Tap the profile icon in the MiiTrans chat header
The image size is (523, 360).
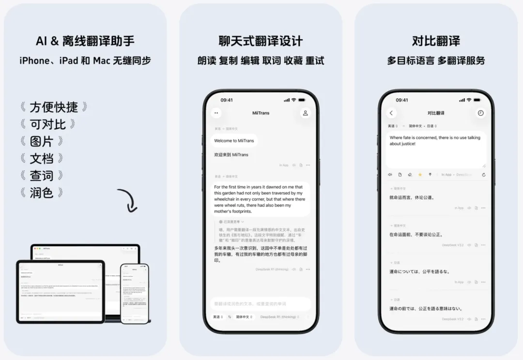[x=305, y=113]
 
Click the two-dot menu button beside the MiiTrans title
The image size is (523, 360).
[x=216, y=113]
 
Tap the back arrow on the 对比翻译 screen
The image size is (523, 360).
[x=391, y=113]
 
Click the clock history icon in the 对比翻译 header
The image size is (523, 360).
[x=480, y=113]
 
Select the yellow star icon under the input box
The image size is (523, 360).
[x=420, y=175]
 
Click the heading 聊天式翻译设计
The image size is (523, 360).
[x=261, y=41]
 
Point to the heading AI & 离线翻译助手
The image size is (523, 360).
[x=85, y=41]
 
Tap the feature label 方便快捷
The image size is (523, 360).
[x=54, y=107]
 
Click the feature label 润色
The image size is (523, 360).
[x=42, y=193]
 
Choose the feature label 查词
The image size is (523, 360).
[x=42, y=175]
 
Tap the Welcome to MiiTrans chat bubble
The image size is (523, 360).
[x=233, y=141]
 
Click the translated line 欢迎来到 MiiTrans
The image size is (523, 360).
[x=231, y=155]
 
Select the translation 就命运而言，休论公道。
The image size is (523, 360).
[x=412, y=197]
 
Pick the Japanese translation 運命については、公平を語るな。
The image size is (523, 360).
[x=420, y=271]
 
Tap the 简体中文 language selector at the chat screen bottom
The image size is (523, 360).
[x=244, y=317]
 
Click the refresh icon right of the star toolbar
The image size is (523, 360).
[x=483, y=175]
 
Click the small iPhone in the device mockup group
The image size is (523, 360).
[x=135, y=293]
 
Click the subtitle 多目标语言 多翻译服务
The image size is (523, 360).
[x=436, y=61]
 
